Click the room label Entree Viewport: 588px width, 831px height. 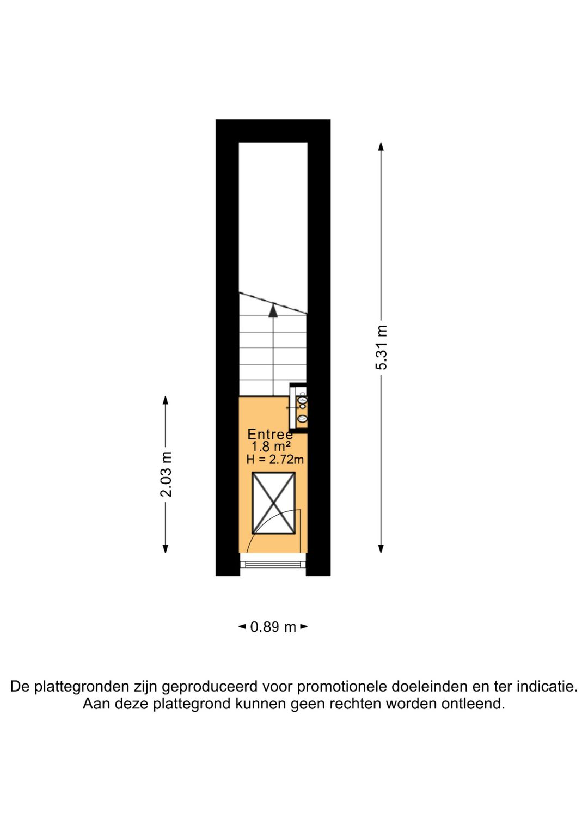[270, 435]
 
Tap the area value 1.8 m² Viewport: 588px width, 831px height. [271, 447]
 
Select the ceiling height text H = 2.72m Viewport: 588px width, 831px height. [275, 460]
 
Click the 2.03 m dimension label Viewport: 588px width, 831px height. [166, 474]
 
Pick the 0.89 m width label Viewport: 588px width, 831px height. [273, 627]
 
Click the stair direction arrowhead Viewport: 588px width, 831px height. [273, 310]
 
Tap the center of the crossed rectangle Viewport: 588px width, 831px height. [273, 503]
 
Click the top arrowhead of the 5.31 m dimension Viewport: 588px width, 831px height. [381, 146]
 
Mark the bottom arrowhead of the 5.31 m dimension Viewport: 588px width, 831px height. [381, 549]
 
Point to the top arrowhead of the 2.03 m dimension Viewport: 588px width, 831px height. [166, 400]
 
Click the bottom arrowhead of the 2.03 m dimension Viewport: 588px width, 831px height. [166, 549]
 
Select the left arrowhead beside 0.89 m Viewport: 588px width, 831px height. [242, 627]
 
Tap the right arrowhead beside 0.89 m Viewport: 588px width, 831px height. [304, 627]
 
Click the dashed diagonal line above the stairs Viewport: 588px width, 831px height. [273, 303]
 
